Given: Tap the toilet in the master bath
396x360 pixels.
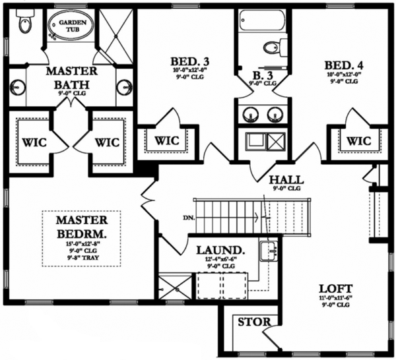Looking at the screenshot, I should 25,25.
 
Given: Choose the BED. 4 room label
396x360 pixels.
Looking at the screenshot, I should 343,66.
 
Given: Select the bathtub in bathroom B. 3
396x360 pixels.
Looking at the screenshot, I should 262,20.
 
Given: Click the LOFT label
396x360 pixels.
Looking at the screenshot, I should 335,288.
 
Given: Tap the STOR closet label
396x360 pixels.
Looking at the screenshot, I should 251,322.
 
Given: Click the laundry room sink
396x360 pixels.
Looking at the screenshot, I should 268,250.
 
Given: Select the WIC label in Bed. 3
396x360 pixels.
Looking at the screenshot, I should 167,140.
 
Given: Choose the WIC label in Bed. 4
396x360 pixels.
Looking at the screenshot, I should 358,140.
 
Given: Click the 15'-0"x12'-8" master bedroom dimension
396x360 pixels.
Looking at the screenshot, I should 82,245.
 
